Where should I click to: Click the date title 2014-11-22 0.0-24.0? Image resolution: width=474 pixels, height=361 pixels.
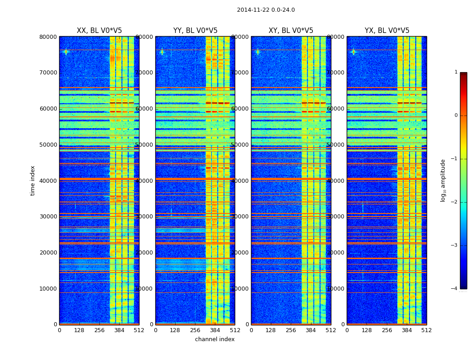point(265,10)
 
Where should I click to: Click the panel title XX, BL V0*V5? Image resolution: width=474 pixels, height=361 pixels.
point(99,31)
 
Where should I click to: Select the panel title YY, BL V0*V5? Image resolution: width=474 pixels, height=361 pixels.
point(195,31)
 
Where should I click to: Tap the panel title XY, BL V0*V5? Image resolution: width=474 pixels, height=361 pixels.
point(291,31)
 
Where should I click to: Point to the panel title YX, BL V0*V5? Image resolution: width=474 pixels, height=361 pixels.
point(387,31)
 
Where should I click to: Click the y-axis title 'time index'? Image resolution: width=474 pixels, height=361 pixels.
point(33,180)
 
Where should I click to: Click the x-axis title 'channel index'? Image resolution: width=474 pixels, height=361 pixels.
point(214,339)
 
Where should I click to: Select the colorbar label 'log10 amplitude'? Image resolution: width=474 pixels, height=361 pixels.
point(443,180)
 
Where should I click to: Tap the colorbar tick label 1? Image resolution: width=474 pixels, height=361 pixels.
point(455,72)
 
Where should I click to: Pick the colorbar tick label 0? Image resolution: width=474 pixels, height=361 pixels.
point(455,116)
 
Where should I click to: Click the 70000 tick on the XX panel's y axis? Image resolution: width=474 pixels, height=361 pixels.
point(49,73)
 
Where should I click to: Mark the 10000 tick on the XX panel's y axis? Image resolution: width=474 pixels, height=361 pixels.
point(49,289)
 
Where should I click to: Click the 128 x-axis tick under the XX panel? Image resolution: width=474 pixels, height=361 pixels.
point(79,330)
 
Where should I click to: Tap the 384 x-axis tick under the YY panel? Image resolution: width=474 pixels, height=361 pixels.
point(215,330)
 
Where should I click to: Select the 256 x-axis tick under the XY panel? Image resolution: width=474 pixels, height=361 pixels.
point(291,330)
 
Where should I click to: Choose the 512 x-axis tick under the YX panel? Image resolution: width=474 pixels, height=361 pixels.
point(426,330)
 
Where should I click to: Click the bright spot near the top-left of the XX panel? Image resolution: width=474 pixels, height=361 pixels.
point(66,51)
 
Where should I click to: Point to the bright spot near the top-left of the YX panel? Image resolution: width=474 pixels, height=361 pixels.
point(353,51)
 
